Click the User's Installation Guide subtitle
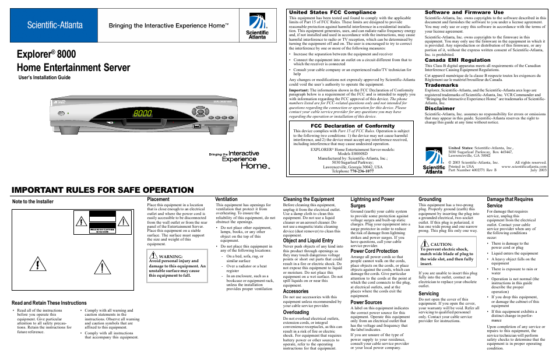coord(45,77)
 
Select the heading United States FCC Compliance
coord(333,12)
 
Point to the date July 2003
coord(539,171)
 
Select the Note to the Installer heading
coord(33,202)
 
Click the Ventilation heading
coord(226,199)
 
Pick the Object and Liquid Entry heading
coord(308,241)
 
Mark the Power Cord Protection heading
coord(374,251)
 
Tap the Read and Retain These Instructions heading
coord(49,303)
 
